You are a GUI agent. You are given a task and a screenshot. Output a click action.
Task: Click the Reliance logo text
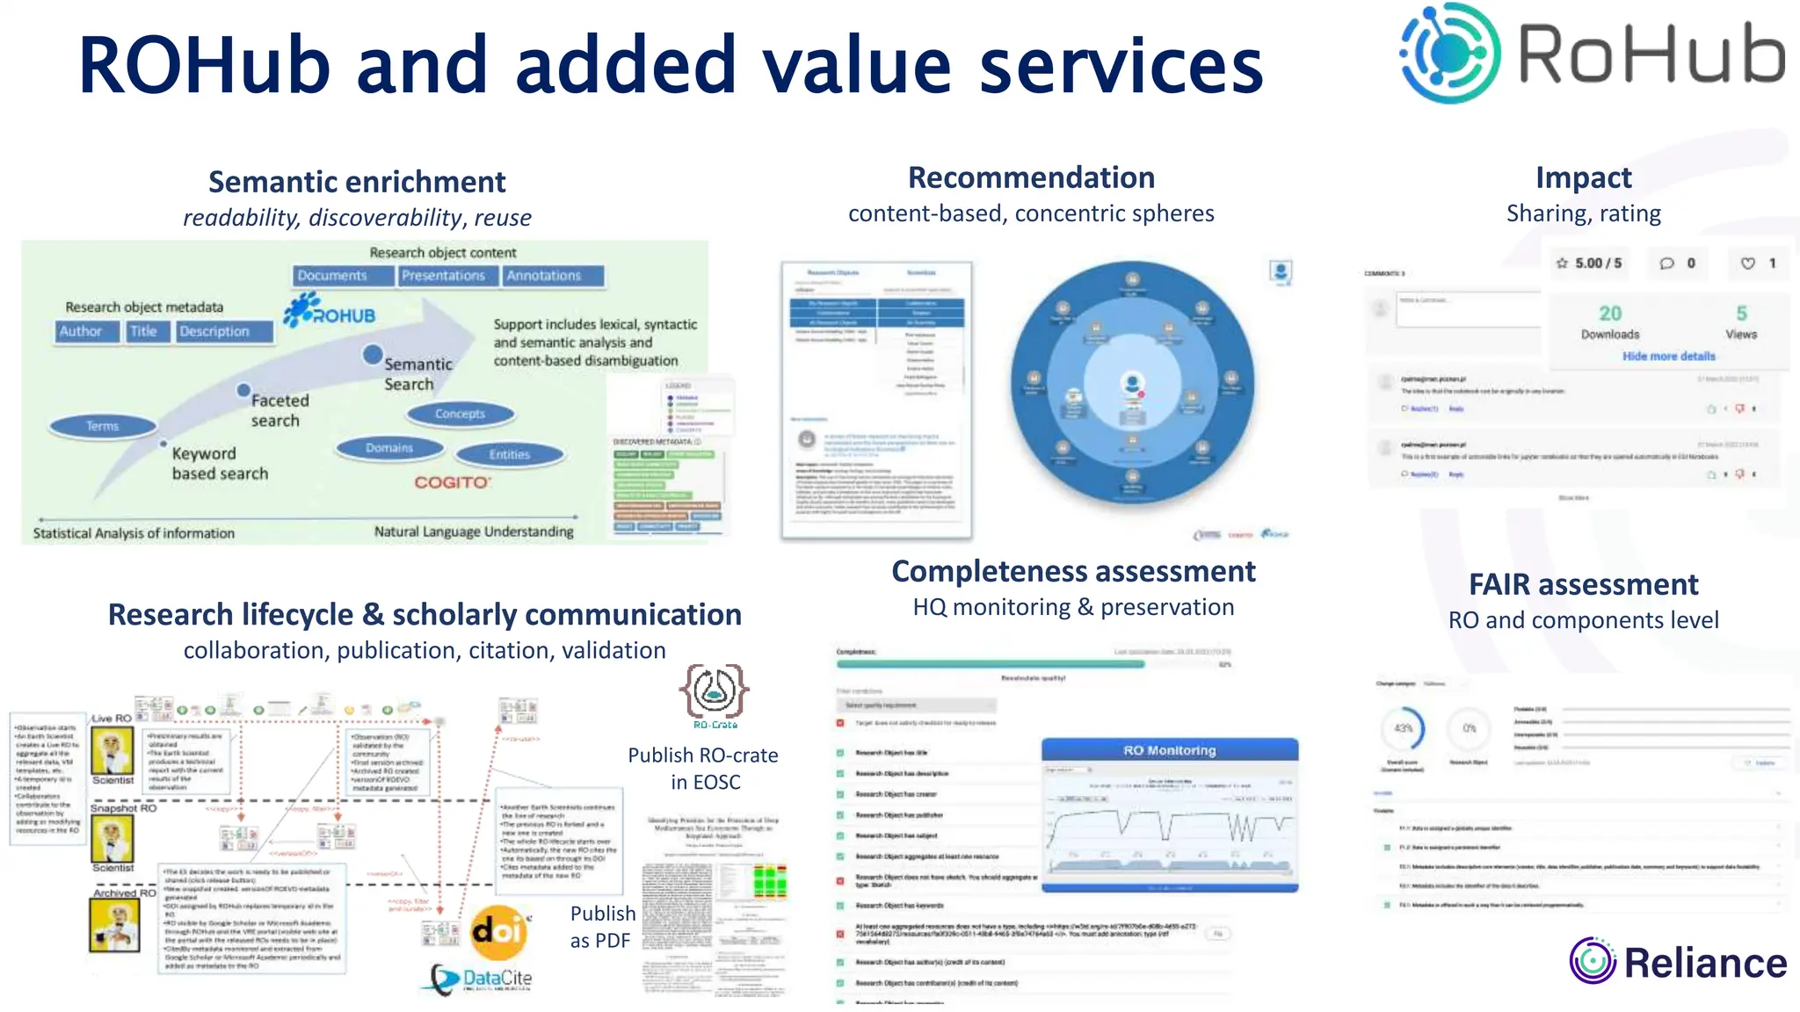pyautogui.click(x=1704, y=963)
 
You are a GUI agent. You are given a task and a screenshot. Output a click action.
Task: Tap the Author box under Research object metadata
pyautogui.click(x=81, y=331)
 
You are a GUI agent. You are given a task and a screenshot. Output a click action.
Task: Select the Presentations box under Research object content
pyautogui.click(x=443, y=276)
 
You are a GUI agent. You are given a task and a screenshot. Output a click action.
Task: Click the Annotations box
pyautogui.click(x=544, y=276)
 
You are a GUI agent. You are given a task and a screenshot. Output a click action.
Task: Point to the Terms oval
pyautogui.click(x=103, y=426)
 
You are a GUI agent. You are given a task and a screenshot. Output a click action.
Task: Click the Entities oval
pyautogui.click(x=510, y=454)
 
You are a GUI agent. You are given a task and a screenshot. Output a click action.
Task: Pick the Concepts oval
pyautogui.click(x=460, y=414)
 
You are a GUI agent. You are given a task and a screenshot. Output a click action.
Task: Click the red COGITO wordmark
pyautogui.click(x=452, y=482)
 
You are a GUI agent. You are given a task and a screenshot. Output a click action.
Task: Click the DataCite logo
pyautogui.click(x=482, y=979)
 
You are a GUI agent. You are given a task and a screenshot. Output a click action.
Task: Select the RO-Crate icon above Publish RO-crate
pyautogui.click(x=714, y=692)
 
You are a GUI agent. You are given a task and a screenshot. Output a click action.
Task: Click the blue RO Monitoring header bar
pyautogui.click(x=1169, y=750)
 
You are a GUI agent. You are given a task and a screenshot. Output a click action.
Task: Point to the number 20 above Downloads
pyautogui.click(x=1610, y=314)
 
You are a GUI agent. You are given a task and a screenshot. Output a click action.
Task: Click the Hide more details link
pyautogui.click(x=1668, y=356)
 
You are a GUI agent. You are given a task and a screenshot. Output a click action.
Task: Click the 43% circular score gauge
pyautogui.click(x=1404, y=728)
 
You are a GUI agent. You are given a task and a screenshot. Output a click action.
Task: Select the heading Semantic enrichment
pyautogui.click(x=357, y=182)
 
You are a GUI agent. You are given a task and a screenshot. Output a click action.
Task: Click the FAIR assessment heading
pyautogui.click(x=1583, y=584)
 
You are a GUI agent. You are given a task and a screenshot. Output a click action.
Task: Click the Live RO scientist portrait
pyautogui.click(x=112, y=751)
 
